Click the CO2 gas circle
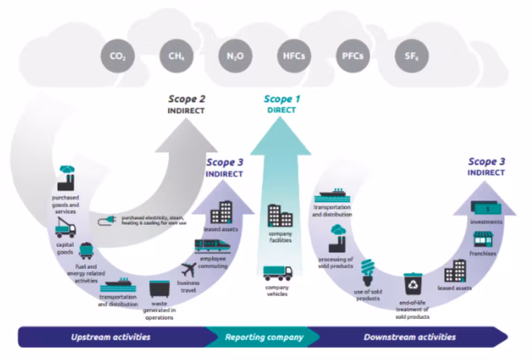pyautogui.click(x=117, y=56)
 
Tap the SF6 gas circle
pyautogui.click(x=412, y=56)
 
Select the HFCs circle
pyautogui.click(x=294, y=56)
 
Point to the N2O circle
pyautogui.click(x=235, y=56)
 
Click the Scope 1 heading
pyautogui.click(x=282, y=99)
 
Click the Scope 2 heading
pyautogui.click(x=186, y=99)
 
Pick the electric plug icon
pyautogui.click(x=108, y=220)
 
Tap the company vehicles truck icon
pyautogui.click(x=278, y=273)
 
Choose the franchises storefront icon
pyautogui.click(x=483, y=239)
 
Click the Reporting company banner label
pyautogui.click(x=264, y=337)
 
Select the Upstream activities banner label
pyautogui.click(x=111, y=337)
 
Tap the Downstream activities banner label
pyautogui.click(x=409, y=337)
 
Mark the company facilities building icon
pyautogui.click(x=280, y=215)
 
